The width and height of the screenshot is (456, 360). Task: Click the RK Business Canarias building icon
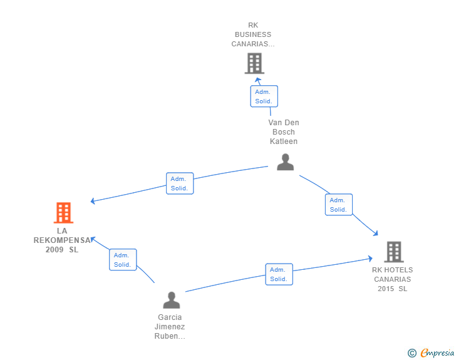coord(254,63)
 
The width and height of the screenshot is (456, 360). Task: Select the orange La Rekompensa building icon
coord(63,213)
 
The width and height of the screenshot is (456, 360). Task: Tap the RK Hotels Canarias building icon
coord(393,252)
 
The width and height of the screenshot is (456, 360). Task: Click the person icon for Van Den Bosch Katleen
coord(285,162)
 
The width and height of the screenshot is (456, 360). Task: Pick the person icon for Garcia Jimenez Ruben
coord(171,300)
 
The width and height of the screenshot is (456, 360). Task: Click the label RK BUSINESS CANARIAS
coord(253,34)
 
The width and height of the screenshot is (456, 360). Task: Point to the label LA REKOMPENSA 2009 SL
coord(62,240)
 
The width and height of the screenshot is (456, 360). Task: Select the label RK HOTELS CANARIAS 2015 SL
coord(393,279)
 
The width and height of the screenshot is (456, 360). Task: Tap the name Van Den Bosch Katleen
coord(284,132)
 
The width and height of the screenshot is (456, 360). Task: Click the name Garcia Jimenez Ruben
coord(170,326)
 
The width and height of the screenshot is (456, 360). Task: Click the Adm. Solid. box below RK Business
coord(264,96)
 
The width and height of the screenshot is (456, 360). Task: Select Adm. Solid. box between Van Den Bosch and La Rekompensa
coord(180,183)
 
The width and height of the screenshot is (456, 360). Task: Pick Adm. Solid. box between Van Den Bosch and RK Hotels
coord(338,205)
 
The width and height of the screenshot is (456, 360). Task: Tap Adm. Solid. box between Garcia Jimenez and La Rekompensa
coord(122,260)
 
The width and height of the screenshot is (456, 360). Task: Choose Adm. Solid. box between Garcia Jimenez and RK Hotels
coord(279,274)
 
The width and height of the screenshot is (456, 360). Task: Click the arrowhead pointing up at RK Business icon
coord(257,80)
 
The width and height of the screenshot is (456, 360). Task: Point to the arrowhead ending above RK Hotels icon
coord(375,234)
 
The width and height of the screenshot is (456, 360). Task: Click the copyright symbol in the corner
coord(412,353)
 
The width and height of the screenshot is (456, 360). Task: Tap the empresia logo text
coord(437,353)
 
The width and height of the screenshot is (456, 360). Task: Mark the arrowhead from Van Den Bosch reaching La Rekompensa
coord(93,201)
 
